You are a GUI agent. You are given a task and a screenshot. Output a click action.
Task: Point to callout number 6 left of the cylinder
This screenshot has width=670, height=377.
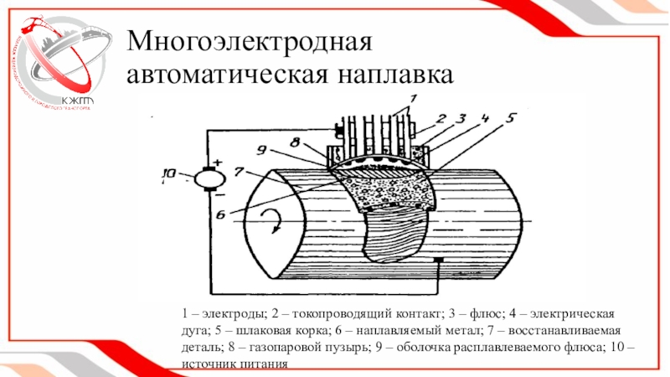coord(220,214)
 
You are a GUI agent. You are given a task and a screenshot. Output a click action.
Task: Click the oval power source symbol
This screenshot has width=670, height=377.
coord(206,178)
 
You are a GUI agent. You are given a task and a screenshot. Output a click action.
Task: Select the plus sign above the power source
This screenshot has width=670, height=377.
coord(218,162)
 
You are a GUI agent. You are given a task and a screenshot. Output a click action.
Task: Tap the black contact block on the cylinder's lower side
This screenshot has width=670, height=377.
coord(438,263)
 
